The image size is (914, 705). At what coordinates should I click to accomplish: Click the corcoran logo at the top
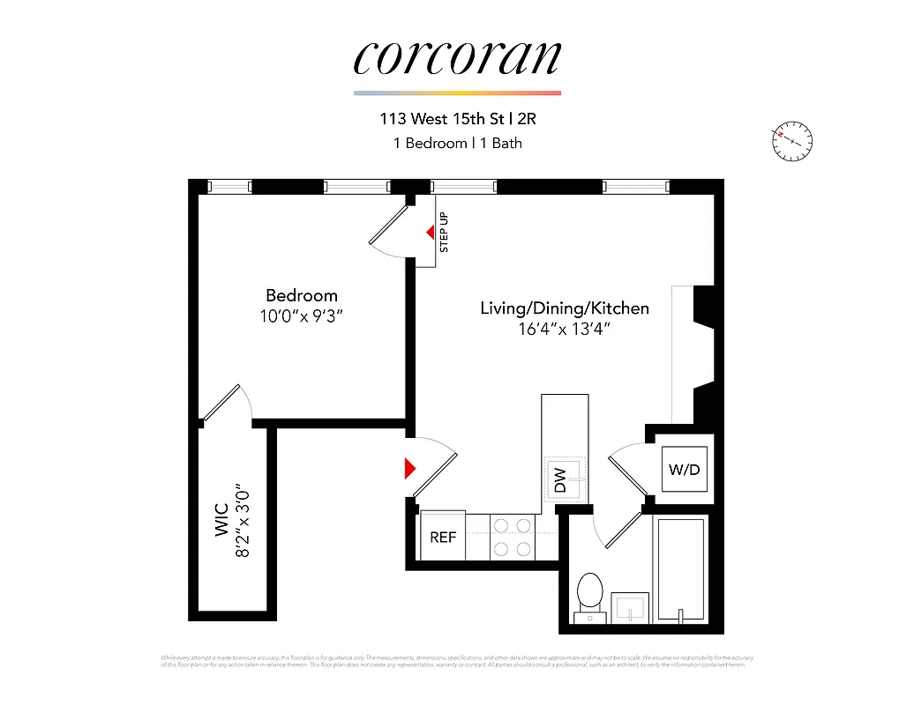(x=457, y=58)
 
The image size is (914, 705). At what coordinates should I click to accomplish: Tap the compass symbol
(x=791, y=141)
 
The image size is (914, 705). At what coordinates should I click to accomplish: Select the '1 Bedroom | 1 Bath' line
(x=457, y=142)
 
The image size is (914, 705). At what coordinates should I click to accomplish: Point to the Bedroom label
(x=302, y=295)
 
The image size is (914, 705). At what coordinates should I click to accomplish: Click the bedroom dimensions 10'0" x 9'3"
(x=302, y=315)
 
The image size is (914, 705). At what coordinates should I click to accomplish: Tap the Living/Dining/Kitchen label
(x=565, y=308)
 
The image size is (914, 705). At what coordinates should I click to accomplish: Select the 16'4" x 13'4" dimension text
(x=565, y=329)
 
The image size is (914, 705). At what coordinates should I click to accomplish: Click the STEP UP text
(x=445, y=233)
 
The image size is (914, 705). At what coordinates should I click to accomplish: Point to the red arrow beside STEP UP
(x=431, y=233)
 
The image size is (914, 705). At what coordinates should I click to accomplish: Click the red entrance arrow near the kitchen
(x=409, y=468)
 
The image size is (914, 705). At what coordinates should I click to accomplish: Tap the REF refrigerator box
(x=443, y=536)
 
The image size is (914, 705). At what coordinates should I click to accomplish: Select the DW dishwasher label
(x=560, y=480)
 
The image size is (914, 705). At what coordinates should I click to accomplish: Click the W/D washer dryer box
(x=684, y=470)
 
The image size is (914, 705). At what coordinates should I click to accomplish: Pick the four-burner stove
(x=513, y=537)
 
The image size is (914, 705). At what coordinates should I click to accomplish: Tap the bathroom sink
(x=630, y=608)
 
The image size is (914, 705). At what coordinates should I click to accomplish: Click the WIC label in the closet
(x=221, y=520)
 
